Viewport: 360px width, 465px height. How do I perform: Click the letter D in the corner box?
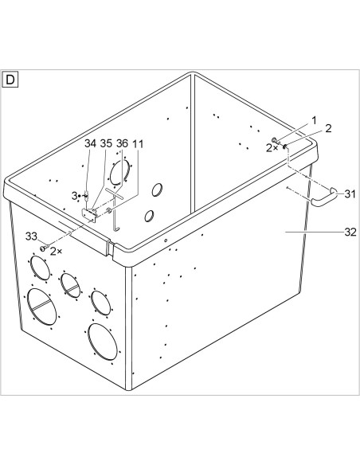pyautogui.click(x=10, y=80)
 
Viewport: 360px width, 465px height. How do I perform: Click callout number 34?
pyautogui.click(x=91, y=143)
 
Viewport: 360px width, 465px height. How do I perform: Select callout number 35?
pyautogui.click(x=106, y=143)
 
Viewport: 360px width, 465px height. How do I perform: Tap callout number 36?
pyautogui.click(x=122, y=143)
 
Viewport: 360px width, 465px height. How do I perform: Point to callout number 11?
pyautogui.click(x=138, y=144)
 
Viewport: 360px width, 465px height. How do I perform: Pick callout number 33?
pyautogui.click(x=31, y=236)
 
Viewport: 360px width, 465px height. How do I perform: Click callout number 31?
pyautogui.click(x=350, y=194)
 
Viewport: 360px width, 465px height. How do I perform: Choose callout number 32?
pyautogui.click(x=350, y=232)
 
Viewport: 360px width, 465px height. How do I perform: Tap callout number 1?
pyautogui.click(x=314, y=120)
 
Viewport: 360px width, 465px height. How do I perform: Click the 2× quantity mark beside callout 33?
pyautogui.click(x=56, y=251)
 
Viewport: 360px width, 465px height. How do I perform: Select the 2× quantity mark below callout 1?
pyautogui.click(x=272, y=148)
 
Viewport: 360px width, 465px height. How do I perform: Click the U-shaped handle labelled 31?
pyautogui.click(x=323, y=198)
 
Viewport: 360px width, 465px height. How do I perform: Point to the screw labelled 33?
pyautogui.click(x=44, y=247)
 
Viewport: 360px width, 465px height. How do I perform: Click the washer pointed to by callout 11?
pyautogui.click(x=108, y=210)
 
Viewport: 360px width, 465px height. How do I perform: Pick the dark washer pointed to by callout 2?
pyautogui.click(x=285, y=147)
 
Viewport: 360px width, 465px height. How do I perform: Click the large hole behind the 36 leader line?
pyautogui.click(x=119, y=172)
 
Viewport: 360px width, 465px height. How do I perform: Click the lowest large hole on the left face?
pyautogui.click(x=102, y=342)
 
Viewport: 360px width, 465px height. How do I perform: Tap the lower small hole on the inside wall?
pyautogui.click(x=149, y=217)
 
